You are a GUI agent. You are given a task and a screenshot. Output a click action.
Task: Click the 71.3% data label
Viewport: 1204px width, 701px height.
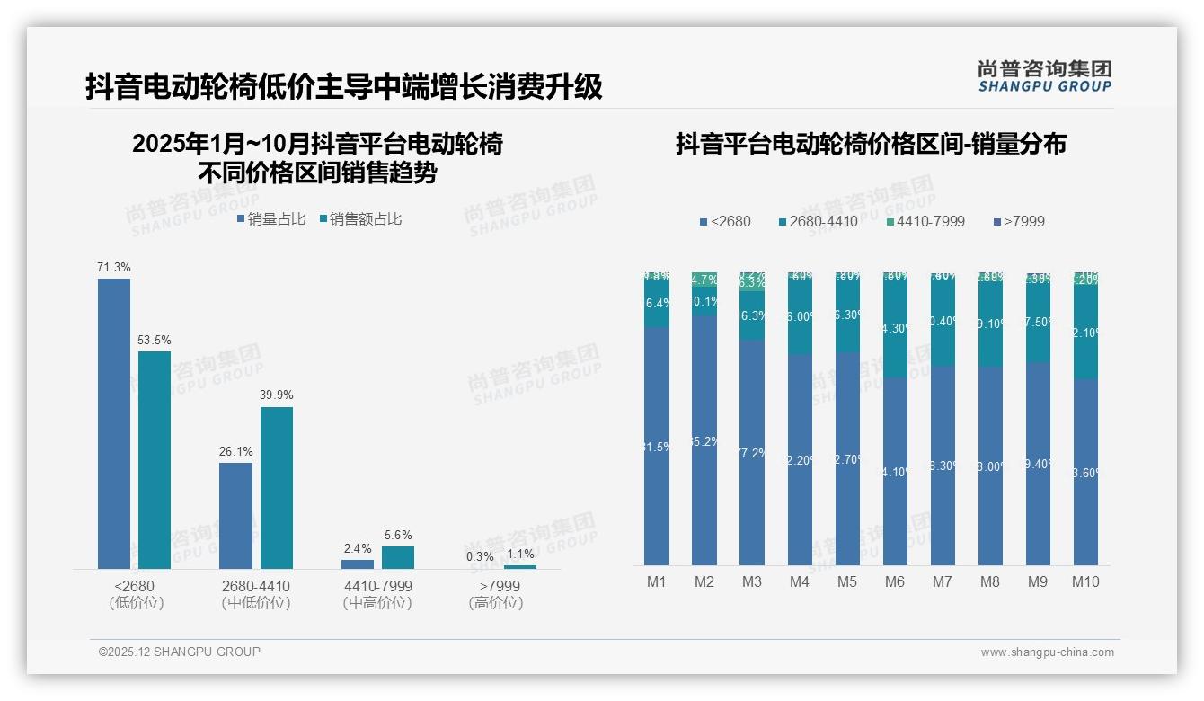(x=114, y=267)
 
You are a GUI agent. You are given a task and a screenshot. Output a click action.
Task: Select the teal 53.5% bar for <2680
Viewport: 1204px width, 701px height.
(x=155, y=458)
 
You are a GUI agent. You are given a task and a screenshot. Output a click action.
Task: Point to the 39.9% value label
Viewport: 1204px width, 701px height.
(x=277, y=395)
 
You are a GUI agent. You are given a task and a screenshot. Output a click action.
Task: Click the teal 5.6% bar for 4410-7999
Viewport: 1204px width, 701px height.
(x=398, y=557)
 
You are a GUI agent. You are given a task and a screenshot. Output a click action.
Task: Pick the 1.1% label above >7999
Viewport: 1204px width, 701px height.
(x=520, y=555)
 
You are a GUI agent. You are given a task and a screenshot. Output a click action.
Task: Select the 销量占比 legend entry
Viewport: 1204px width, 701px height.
(x=271, y=218)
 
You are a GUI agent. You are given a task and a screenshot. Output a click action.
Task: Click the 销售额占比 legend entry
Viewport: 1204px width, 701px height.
(x=360, y=218)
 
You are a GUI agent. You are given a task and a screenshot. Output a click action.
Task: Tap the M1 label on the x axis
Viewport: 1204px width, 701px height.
(x=657, y=581)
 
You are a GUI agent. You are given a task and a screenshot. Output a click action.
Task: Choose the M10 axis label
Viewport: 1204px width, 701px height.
(x=1085, y=581)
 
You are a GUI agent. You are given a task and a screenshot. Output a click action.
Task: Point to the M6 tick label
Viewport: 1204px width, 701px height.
(x=895, y=581)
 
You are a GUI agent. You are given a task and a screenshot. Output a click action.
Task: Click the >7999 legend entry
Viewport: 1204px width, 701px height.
(x=1019, y=221)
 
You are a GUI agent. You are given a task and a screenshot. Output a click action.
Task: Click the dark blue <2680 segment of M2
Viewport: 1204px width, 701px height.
(x=704, y=440)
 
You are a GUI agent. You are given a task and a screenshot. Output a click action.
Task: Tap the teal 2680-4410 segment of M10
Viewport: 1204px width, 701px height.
(x=1085, y=333)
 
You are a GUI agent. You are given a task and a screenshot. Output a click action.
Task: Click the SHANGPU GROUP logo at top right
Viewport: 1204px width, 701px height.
(x=1045, y=75)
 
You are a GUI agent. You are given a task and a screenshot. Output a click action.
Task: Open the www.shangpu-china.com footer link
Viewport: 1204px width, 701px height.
(x=1047, y=652)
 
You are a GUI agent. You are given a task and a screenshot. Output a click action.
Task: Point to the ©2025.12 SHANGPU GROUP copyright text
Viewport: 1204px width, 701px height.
(x=180, y=652)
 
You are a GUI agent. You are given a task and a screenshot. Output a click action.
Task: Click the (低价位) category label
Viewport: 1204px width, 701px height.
(x=137, y=603)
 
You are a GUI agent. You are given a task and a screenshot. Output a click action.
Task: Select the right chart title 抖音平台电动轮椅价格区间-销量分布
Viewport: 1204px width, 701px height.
(x=871, y=144)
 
